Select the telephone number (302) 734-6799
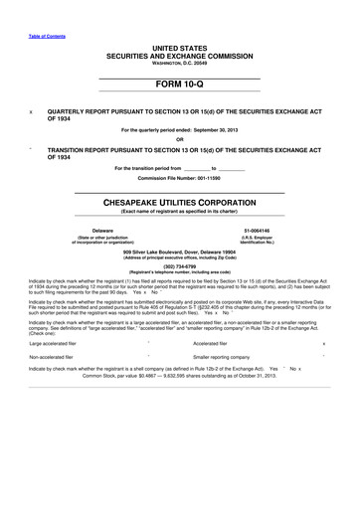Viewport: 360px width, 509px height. (180, 264)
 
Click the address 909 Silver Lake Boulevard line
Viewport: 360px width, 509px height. (180, 252)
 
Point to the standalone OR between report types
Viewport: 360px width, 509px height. (180, 138)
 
